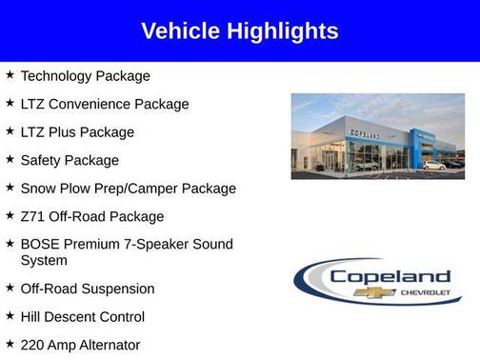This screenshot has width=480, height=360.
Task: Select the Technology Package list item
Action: coord(85,75)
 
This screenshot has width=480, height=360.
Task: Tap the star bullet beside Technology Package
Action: coord(10,74)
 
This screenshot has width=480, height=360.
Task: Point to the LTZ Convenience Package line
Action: coord(105,104)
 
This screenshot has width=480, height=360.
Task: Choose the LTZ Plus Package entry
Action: coord(77,131)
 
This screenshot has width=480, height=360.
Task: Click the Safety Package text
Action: coord(70,160)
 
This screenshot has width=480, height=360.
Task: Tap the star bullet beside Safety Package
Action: coord(10,159)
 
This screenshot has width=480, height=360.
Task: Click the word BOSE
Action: coord(41,245)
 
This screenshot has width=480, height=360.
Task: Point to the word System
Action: coord(44,260)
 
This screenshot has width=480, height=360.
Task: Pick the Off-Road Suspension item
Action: coord(87,289)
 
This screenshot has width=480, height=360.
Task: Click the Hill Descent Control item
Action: coord(82,316)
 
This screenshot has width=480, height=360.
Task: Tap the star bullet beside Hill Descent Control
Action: coord(10,315)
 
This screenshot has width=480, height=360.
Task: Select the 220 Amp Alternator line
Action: coord(80,345)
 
